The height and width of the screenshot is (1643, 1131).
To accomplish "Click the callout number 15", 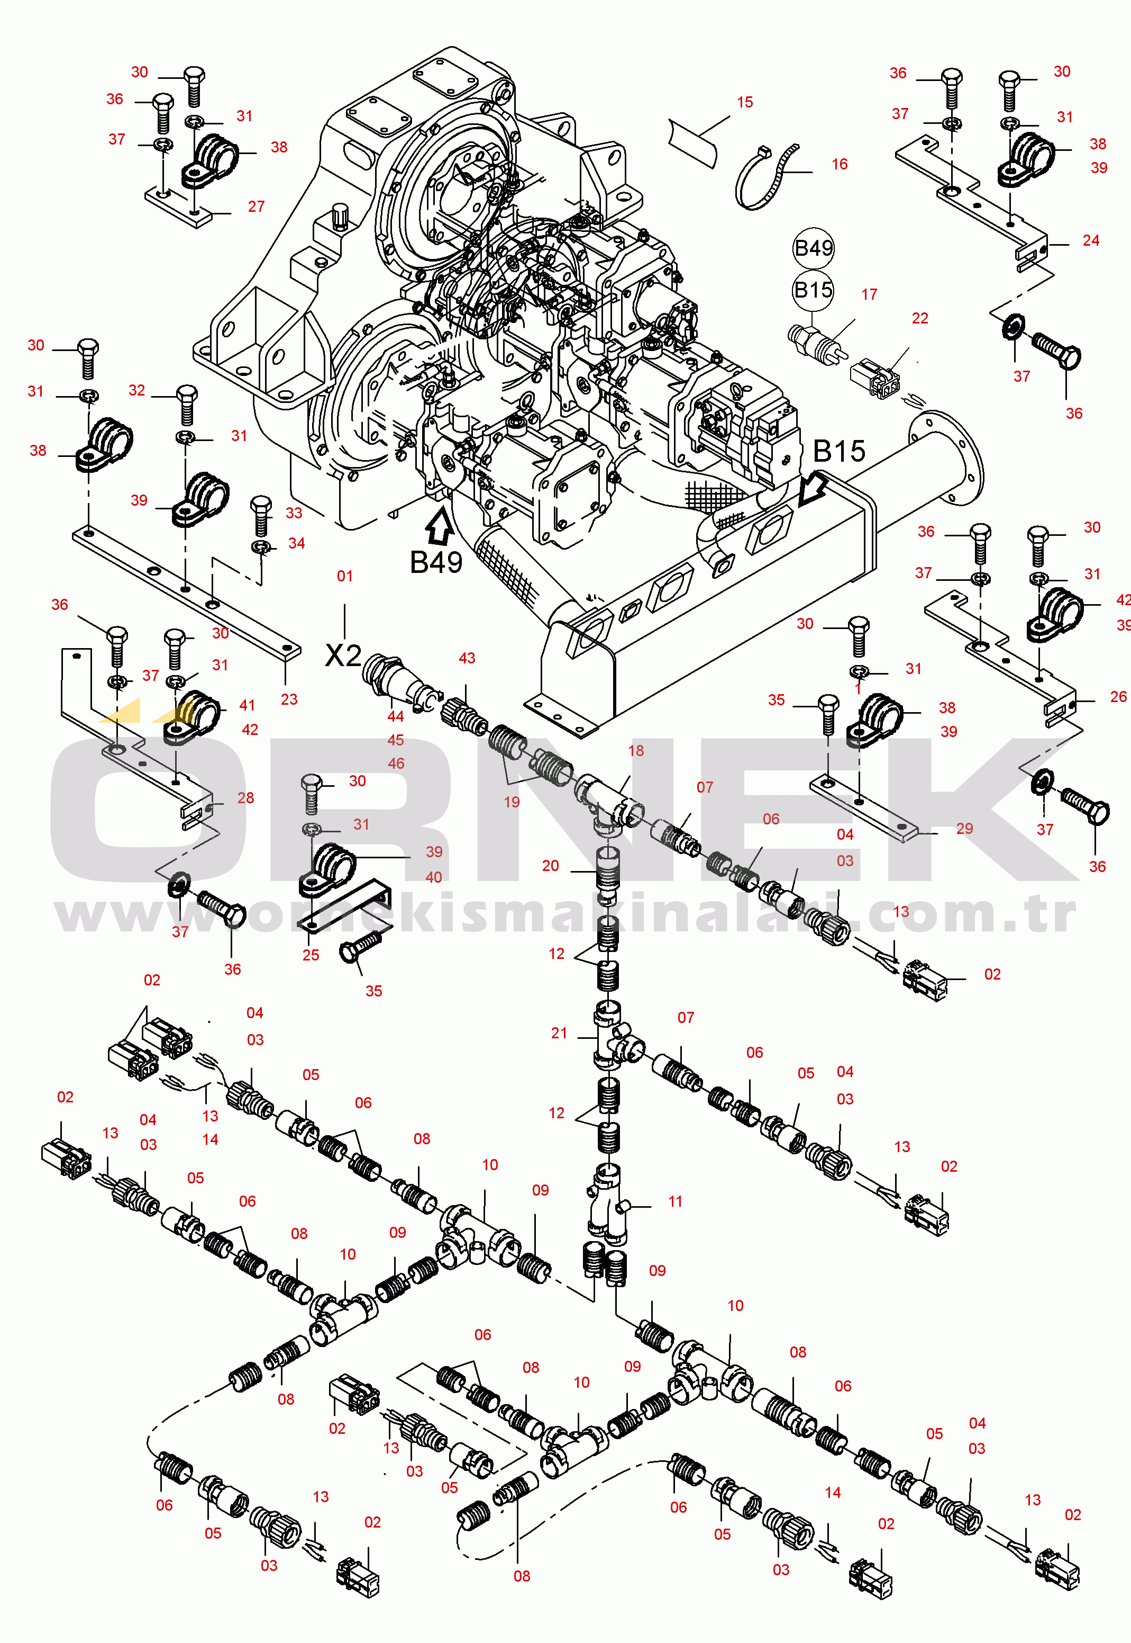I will [x=744, y=102].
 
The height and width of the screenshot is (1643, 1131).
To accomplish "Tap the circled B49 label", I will [x=814, y=248].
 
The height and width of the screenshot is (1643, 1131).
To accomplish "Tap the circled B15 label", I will [x=813, y=290].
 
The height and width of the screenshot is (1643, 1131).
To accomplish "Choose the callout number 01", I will [x=344, y=576].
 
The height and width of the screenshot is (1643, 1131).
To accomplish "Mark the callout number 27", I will [x=256, y=207].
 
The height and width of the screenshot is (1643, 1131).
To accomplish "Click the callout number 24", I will [x=1091, y=240].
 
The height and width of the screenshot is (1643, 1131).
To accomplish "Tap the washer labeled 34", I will [x=261, y=547].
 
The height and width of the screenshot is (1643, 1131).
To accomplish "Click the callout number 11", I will [x=676, y=1201].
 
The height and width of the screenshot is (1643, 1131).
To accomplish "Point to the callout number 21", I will [x=559, y=1033].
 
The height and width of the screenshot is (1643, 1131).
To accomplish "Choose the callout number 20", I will [x=551, y=866].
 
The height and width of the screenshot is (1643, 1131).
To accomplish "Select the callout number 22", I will [x=920, y=318].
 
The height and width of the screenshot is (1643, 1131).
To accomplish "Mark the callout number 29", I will [x=964, y=828].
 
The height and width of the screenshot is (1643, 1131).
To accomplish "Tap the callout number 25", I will [x=311, y=955].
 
